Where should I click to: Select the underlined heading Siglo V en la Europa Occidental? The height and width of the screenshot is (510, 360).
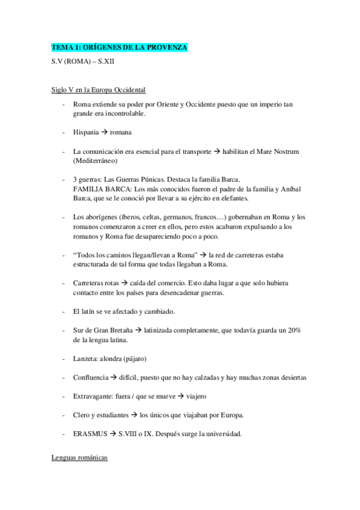click(99, 90)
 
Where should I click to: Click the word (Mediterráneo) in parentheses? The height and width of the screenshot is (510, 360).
click(96, 161)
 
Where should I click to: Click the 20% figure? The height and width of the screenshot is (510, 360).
click(292, 331)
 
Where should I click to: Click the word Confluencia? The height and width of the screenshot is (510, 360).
click(91, 378)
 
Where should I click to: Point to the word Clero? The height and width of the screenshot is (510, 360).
click(82, 416)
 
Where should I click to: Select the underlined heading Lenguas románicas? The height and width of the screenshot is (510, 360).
click(80, 458)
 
